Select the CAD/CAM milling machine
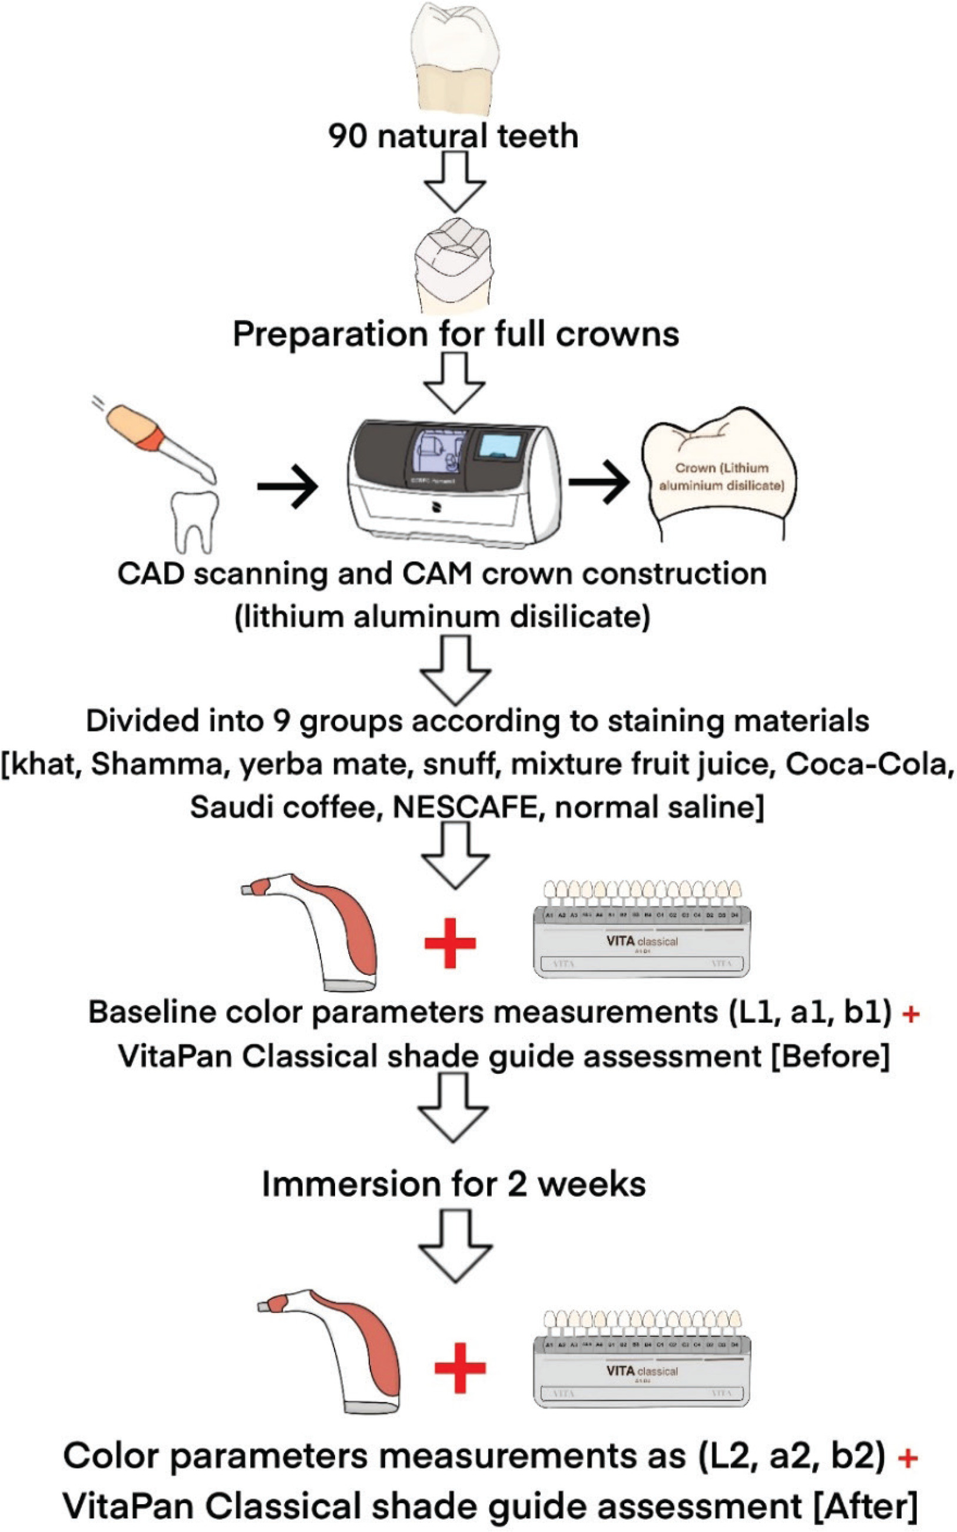[x=454, y=481]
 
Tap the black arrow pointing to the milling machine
[x=287, y=486]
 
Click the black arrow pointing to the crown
[x=599, y=482]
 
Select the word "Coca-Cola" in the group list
[x=869, y=764]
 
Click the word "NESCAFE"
[x=465, y=807]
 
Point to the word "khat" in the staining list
[x=48, y=764]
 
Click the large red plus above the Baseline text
[x=450, y=943]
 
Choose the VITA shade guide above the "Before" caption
[x=642, y=929]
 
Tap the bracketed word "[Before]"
[x=830, y=1056]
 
